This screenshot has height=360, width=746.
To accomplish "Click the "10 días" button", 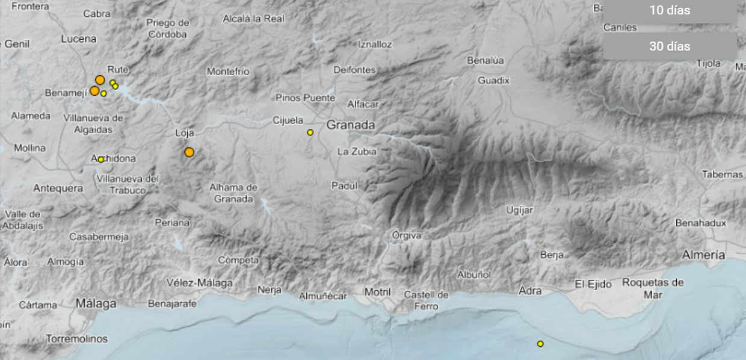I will (670, 10).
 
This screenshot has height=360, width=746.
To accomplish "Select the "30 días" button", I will (670, 46).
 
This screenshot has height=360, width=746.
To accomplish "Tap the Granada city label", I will (351, 125).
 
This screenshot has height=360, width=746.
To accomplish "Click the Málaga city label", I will (96, 304).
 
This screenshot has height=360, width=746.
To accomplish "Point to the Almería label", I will (703, 255).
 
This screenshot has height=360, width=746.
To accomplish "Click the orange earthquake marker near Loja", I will (190, 152).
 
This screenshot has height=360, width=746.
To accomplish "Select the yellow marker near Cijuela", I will (310, 132).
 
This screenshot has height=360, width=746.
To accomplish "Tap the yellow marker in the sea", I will (540, 344).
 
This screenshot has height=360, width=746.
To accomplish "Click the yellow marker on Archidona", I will (101, 160).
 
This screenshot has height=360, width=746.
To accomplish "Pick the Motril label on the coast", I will (377, 292).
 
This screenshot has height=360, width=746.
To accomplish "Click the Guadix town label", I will (493, 80).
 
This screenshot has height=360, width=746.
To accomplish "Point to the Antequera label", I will (58, 188).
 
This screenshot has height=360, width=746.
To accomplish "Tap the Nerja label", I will (269, 290).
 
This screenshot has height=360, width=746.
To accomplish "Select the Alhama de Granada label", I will (233, 193).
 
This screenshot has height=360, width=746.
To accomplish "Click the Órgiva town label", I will (407, 235).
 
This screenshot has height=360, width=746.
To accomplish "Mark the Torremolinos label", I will (77, 339).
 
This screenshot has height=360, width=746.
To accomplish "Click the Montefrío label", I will (228, 72).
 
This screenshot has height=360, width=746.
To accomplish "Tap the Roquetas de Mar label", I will (653, 288).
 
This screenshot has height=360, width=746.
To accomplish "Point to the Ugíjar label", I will (520, 209).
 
